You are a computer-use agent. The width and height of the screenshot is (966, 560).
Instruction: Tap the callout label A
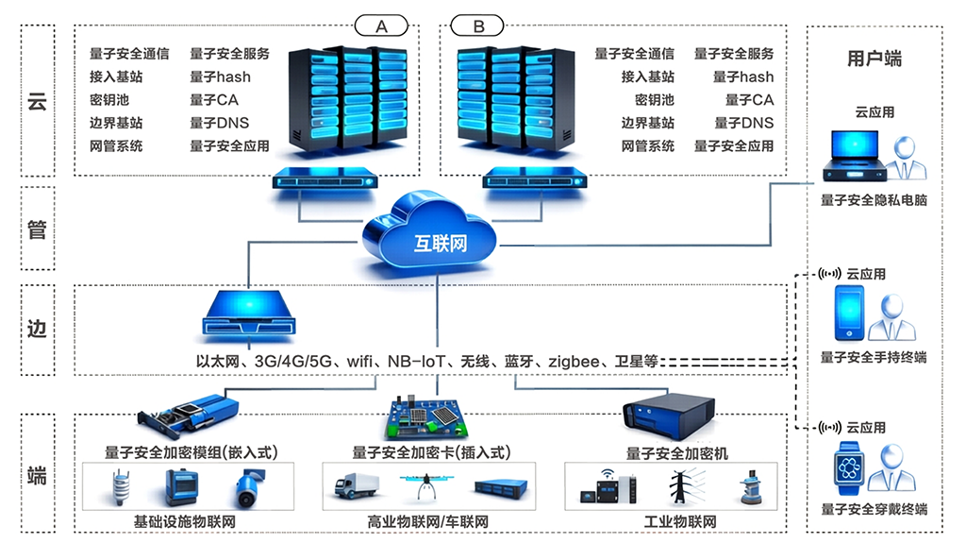(x=381, y=26)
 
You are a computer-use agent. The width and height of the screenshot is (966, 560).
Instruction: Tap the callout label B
(x=478, y=26)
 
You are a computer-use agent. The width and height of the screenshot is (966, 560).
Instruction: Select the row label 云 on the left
(x=37, y=98)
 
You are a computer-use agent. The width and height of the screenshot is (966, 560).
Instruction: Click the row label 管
(x=37, y=229)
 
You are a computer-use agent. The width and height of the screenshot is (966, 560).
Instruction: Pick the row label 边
(x=37, y=330)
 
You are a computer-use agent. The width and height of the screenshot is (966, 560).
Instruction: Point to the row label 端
(x=37, y=474)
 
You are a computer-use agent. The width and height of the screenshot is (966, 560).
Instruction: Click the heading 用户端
(x=874, y=59)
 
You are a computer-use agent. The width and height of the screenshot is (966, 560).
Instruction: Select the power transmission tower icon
(x=680, y=484)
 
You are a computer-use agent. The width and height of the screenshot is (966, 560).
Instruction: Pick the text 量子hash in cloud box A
(x=220, y=76)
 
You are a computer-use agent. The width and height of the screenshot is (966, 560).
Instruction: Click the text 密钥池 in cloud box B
(x=654, y=99)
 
